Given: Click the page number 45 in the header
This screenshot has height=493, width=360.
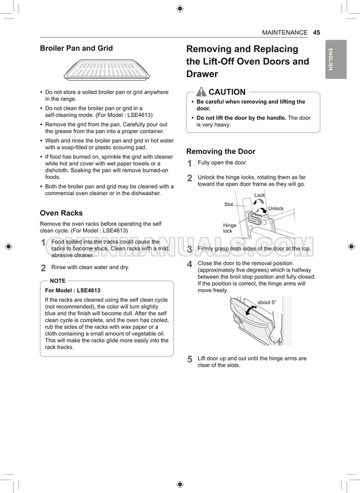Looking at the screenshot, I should tap(316, 33).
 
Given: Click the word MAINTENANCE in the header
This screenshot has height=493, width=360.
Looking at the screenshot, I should tap(285, 33).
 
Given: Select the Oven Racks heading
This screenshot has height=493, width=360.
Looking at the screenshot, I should tap(61, 213).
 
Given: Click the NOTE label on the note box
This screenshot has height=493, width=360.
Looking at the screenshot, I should tap(57, 280).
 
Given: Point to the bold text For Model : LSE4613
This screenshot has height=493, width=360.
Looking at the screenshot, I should tap(73, 290).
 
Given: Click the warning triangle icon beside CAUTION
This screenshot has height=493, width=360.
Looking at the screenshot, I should tap(201, 92).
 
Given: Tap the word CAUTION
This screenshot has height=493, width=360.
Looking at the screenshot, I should tap(227, 92).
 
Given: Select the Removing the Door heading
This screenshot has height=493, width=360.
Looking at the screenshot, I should tap(221, 152).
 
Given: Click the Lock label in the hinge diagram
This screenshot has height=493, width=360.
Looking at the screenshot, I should tap(260, 195).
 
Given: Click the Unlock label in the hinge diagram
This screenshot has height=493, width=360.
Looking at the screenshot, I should tap(276, 208).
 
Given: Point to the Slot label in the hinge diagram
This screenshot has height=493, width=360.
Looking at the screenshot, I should tap(229, 204).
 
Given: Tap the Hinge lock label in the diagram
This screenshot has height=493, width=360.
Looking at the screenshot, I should tap(229, 228).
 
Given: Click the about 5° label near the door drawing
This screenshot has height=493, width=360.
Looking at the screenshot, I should tap(267, 303).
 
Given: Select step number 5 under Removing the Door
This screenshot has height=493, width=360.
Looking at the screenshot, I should tap(189, 359).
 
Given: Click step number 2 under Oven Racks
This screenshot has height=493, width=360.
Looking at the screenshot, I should tap(43, 268).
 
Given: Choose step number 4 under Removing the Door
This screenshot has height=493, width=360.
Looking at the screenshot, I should tap(189, 264).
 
